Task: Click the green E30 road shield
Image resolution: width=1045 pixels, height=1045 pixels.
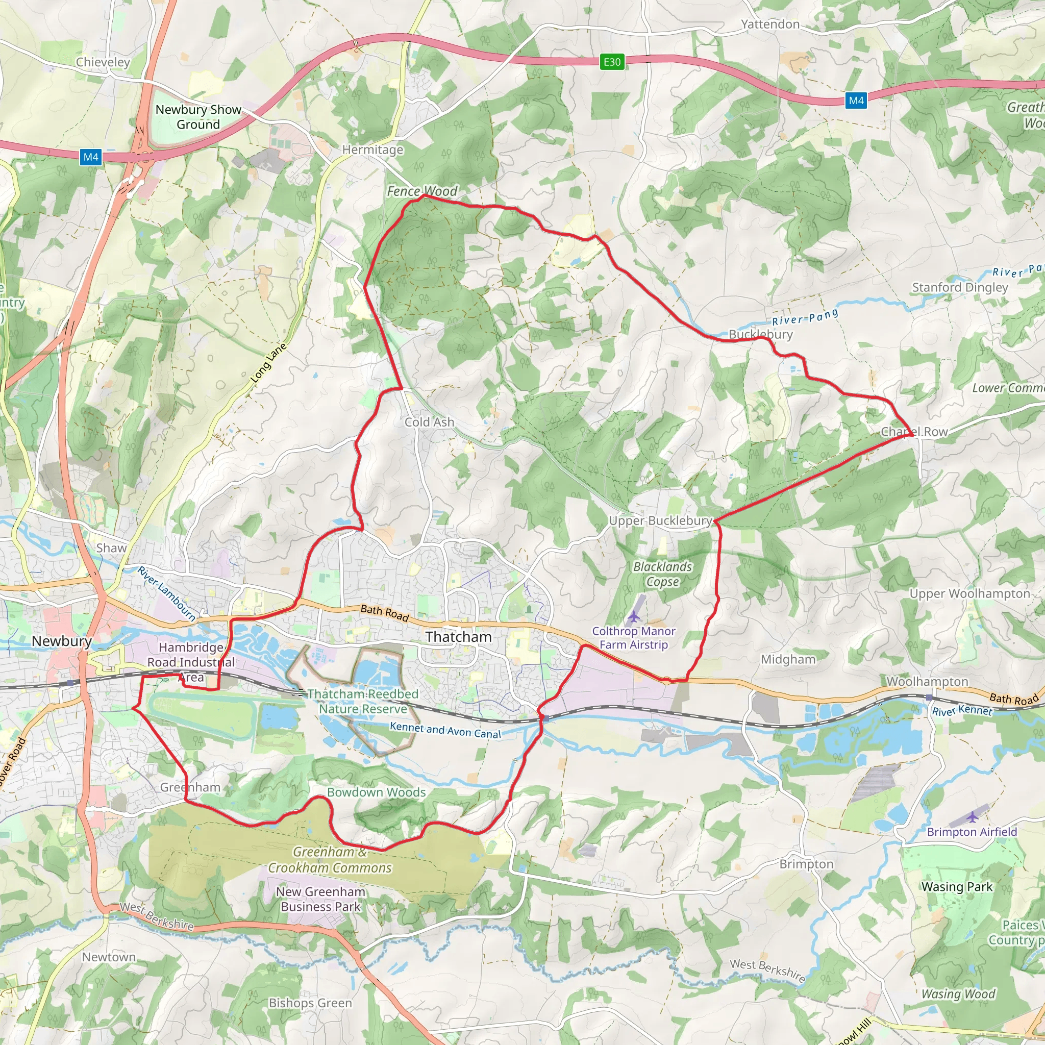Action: pyautogui.click(x=612, y=62)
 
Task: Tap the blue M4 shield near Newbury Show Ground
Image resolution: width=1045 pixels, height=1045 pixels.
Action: pyautogui.click(x=90, y=157)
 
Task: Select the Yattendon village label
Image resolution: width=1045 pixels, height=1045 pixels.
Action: pyautogui.click(x=770, y=24)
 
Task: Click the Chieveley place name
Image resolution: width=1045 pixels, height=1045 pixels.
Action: pyautogui.click(x=103, y=62)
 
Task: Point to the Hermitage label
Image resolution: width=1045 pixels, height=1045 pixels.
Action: pyautogui.click(x=372, y=150)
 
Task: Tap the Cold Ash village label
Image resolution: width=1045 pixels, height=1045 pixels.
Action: pyautogui.click(x=429, y=422)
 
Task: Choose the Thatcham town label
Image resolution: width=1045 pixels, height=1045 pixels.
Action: pyautogui.click(x=459, y=637)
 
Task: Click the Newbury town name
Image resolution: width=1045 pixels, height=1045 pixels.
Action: pyautogui.click(x=62, y=641)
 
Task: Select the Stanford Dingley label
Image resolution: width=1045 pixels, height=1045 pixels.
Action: pyautogui.click(x=960, y=287)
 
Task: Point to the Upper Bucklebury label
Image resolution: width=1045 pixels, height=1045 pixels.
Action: pyautogui.click(x=660, y=521)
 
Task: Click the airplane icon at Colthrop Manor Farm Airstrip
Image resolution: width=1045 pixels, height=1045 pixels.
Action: pyautogui.click(x=633, y=616)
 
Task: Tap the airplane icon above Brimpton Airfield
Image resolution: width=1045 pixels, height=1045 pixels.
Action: pyautogui.click(x=973, y=817)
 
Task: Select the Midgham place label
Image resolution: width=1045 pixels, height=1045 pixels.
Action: pyautogui.click(x=788, y=659)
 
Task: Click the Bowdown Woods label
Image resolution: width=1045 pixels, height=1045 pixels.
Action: pyautogui.click(x=377, y=792)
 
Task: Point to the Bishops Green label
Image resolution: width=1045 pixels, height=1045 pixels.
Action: pyautogui.click(x=310, y=988)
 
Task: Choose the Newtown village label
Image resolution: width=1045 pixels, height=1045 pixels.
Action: pyautogui.click(x=109, y=957)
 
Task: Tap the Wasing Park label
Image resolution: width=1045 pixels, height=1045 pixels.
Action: pyautogui.click(x=957, y=887)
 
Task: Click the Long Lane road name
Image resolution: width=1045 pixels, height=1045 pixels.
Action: pyautogui.click(x=269, y=363)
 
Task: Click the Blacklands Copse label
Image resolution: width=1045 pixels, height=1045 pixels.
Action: pyautogui.click(x=663, y=575)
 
